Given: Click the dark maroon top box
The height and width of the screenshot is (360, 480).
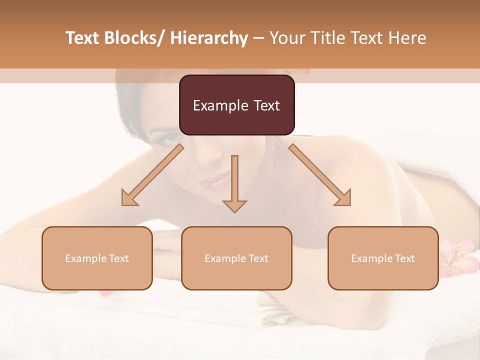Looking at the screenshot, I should [x=236, y=105].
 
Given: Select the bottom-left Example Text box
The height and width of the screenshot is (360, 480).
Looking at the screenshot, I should [x=97, y=258].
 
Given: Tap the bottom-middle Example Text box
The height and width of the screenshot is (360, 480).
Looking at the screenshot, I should [x=236, y=258].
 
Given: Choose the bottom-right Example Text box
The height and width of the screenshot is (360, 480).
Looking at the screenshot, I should [x=383, y=258].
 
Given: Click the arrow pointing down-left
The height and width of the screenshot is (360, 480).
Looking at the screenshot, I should [x=152, y=175].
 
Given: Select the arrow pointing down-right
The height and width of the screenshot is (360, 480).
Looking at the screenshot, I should [x=320, y=175].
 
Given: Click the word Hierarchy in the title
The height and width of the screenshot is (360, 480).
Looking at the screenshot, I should [x=209, y=38].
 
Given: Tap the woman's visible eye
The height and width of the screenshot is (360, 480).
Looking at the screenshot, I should [x=172, y=137].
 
